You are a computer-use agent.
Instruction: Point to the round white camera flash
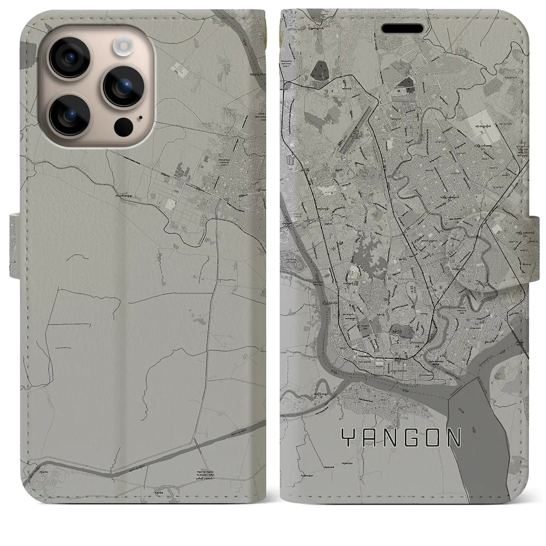(x=122, y=45)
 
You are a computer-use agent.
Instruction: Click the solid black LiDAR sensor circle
(x=122, y=126)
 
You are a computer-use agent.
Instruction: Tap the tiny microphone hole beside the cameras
(x=140, y=116)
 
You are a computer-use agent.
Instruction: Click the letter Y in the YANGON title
(x=347, y=437)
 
